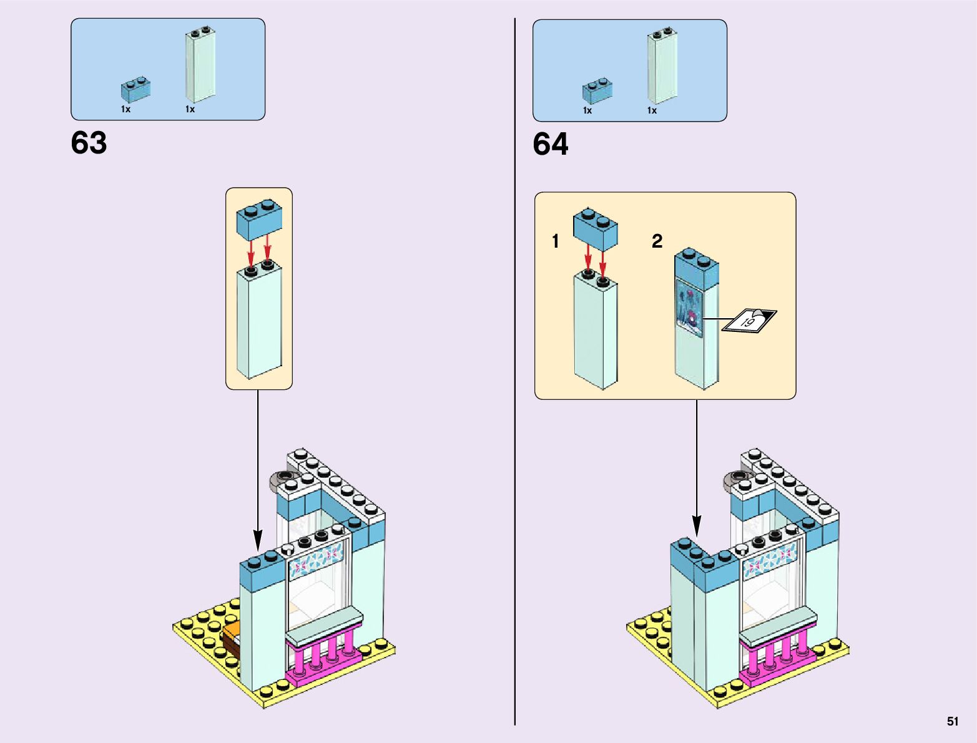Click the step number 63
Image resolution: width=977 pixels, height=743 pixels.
[x=89, y=143]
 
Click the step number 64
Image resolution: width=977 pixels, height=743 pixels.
[x=550, y=144]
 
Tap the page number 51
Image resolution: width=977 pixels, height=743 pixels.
[x=952, y=721]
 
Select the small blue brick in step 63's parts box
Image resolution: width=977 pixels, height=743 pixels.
[x=135, y=90]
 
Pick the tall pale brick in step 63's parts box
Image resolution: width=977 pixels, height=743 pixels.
[x=200, y=66]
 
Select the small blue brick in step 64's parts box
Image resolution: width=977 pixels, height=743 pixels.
[x=597, y=91]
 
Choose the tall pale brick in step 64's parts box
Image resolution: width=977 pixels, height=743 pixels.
[x=662, y=66]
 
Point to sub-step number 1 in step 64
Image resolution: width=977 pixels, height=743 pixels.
[x=555, y=241]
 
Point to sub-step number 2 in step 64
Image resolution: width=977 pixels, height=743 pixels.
[x=657, y=241]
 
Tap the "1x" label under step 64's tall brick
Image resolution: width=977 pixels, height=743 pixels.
[x=652, y=110]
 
